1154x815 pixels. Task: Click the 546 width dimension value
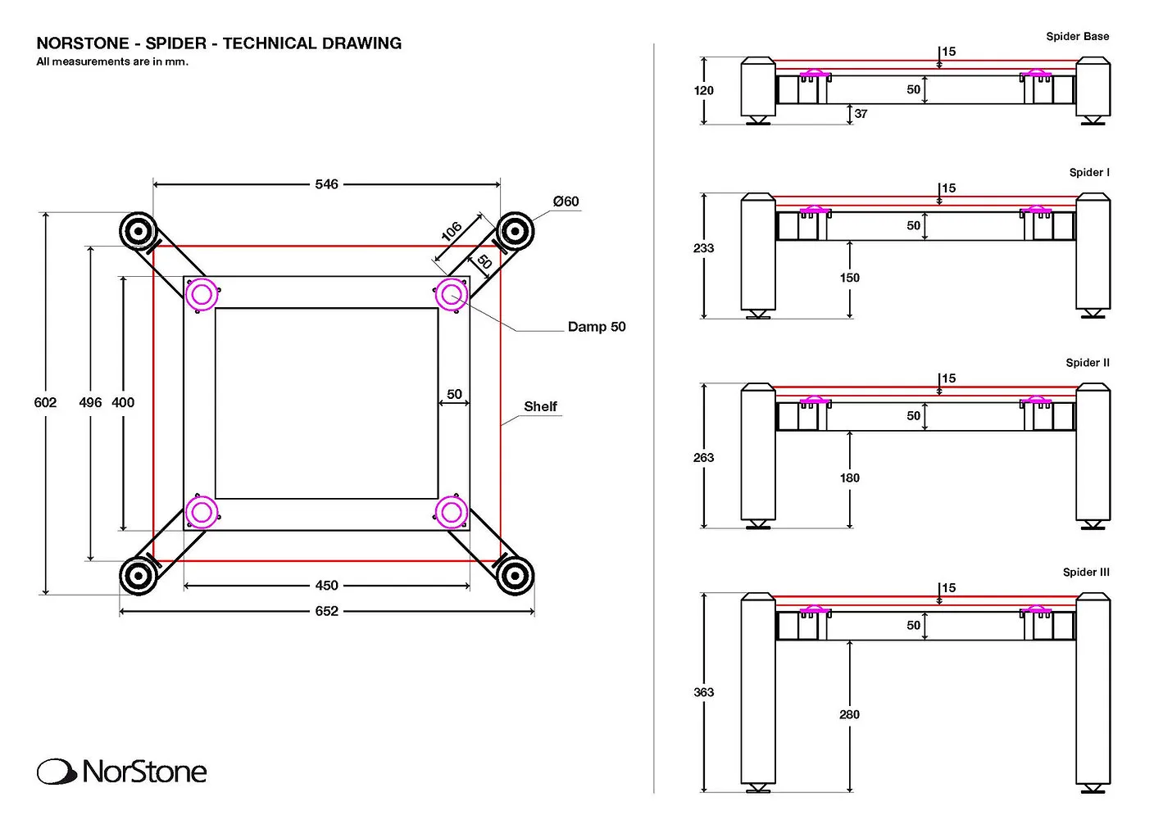326,184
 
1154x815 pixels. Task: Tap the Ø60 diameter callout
566,201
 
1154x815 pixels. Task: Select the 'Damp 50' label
596,327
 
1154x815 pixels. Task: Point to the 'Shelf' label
540,406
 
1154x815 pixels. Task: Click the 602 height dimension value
45,402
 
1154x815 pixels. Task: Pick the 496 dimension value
90,402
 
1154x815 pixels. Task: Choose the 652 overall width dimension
326,611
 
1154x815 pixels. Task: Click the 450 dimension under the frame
326,586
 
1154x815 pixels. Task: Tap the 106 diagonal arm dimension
452,232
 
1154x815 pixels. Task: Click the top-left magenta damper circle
202,293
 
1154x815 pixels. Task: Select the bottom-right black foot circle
514,575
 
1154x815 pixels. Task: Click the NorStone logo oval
57,772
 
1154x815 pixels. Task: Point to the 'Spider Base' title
1077,36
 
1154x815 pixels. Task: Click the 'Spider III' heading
1085,572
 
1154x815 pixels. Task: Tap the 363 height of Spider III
703,692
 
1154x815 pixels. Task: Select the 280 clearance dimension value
849,714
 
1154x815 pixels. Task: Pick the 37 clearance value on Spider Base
861,114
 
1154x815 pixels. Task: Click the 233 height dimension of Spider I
703,247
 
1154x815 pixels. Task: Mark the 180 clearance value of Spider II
849,478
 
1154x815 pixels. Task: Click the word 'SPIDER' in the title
175,43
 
